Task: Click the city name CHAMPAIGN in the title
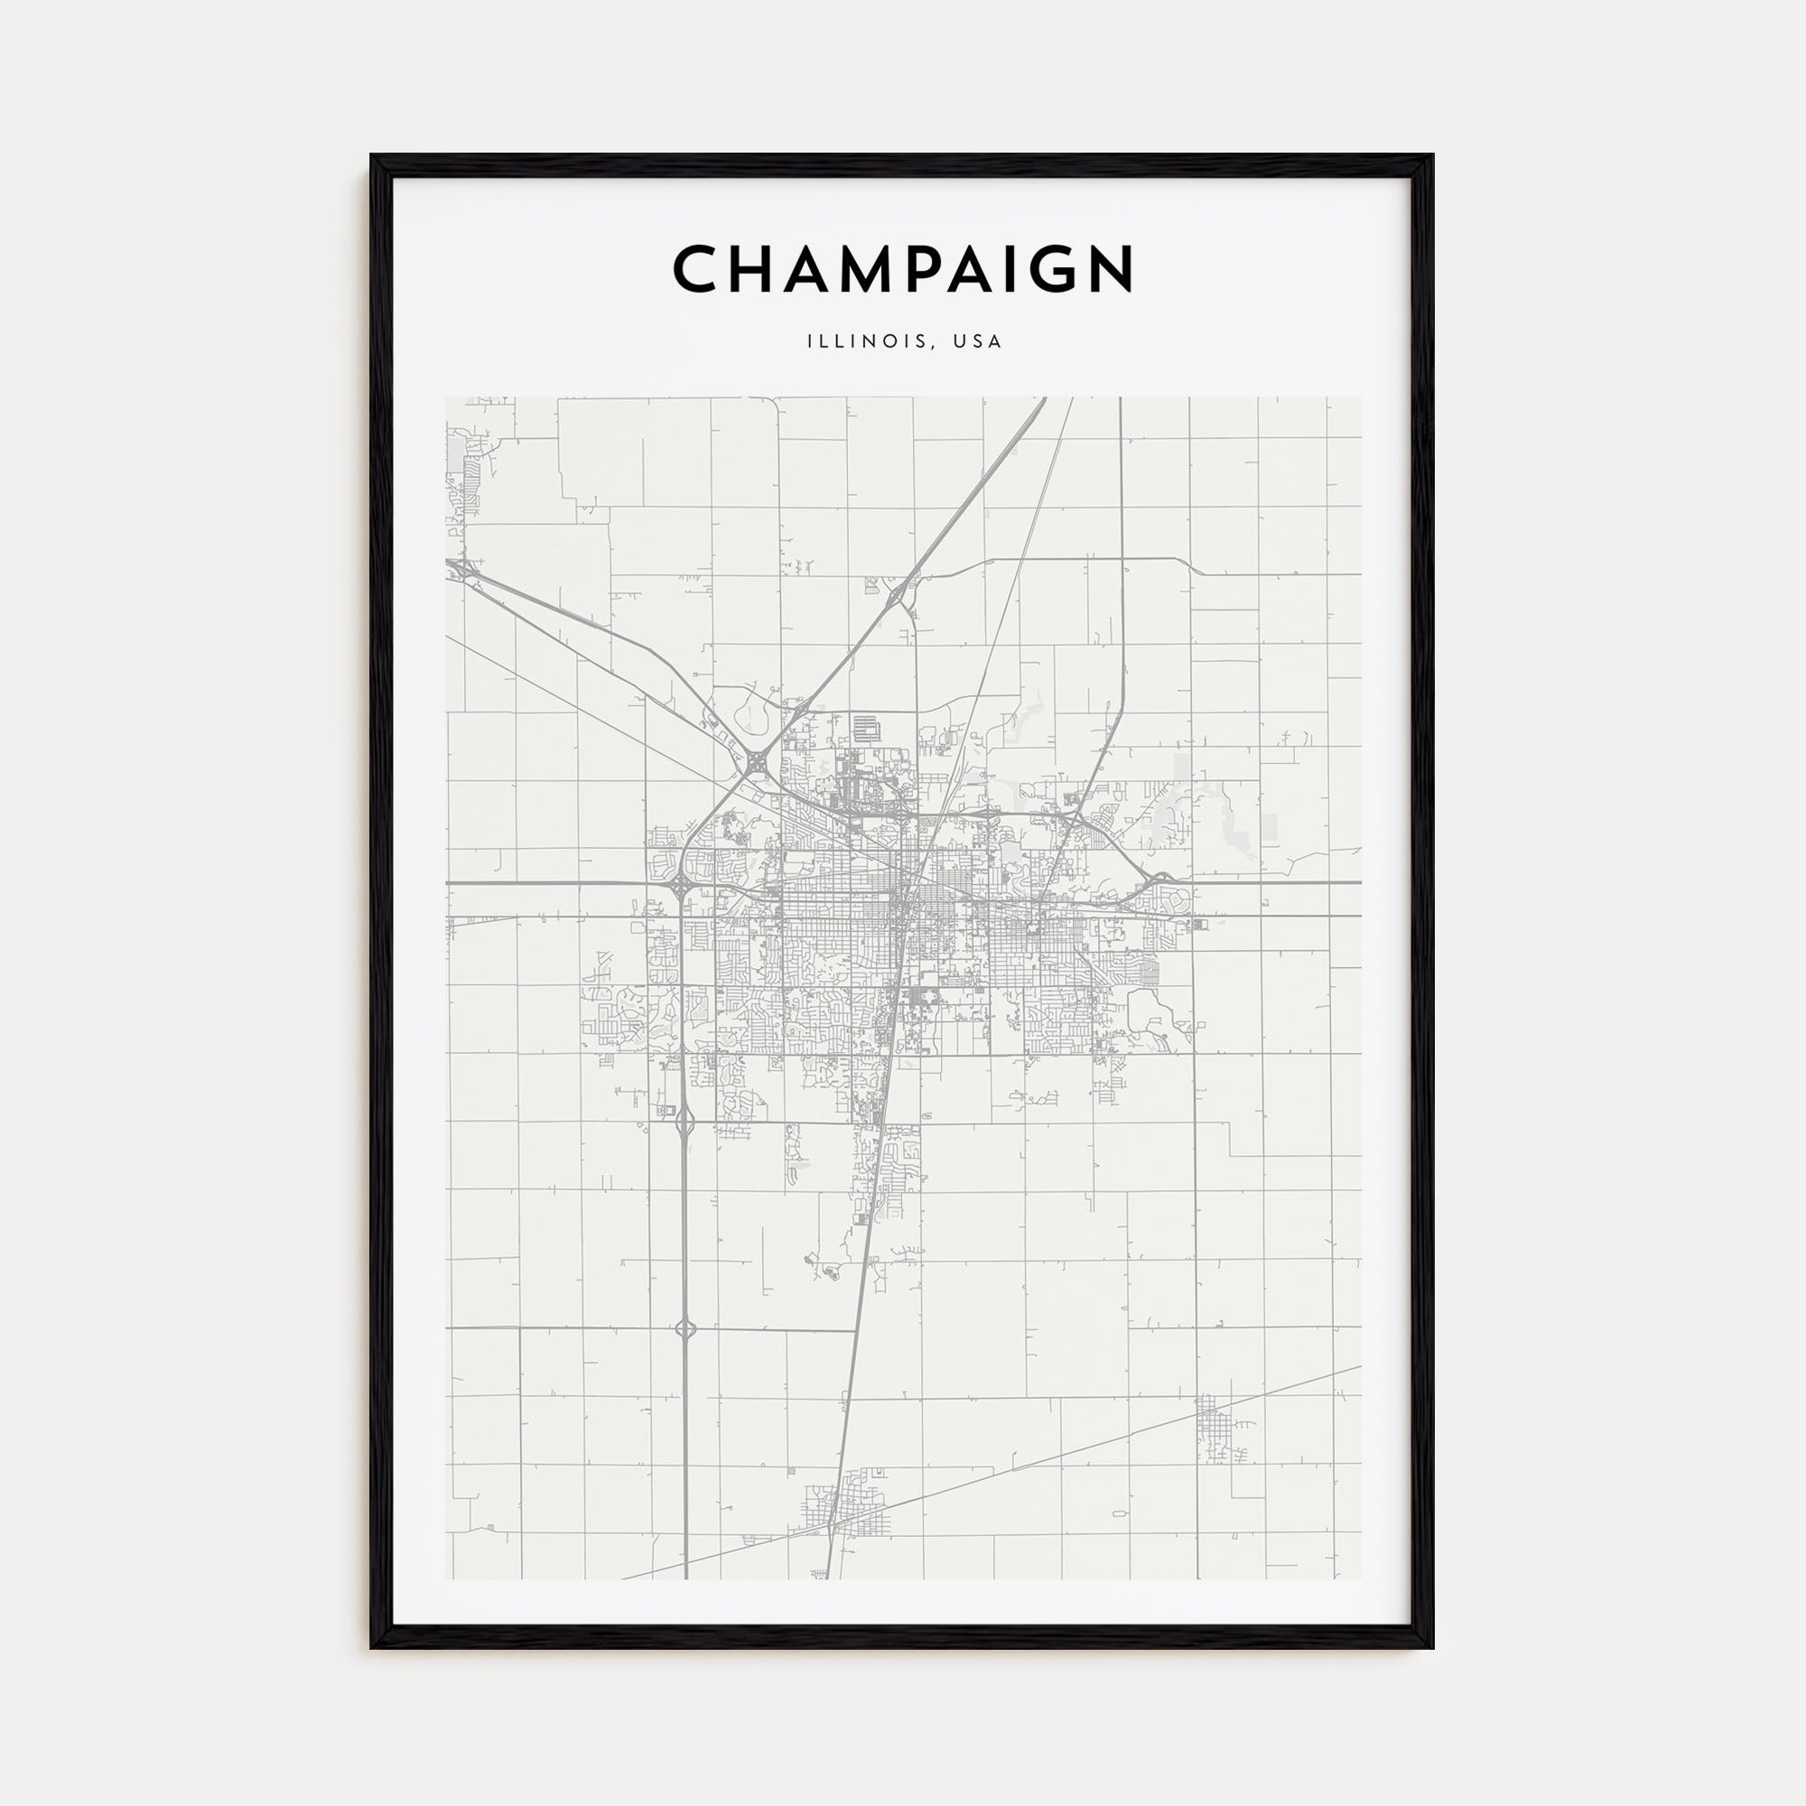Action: pyautogui.click(x=903, y=269)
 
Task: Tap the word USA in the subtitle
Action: pyautogui.click(x=978, y=342)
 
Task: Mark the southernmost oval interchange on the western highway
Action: pyautogui.click(x=685, y=1327)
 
